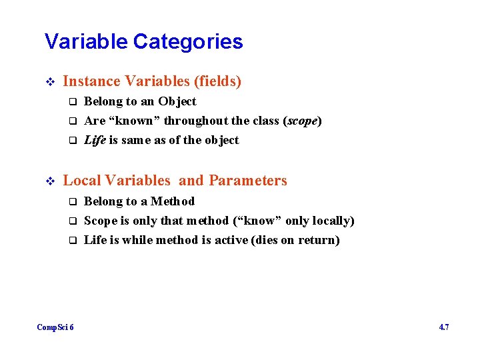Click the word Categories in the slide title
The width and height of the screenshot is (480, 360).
click(x=188, y=42)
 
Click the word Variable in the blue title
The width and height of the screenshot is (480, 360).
click(x=86, y=42)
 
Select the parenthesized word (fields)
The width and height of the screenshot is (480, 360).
click(x=217, y=81)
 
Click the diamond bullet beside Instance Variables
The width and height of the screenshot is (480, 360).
click(x=49, y=82)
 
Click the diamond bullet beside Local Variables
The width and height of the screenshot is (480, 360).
click(x=49, y=181)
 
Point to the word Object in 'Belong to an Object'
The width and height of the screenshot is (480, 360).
click(x=177, y=102)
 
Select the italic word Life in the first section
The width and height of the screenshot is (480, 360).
click(x=95, y=140)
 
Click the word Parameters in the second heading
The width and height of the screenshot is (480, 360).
click(x=248, y=181)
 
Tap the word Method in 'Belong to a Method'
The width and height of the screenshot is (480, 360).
click(x=173, y=201)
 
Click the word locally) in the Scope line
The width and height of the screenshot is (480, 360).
click(x=331, y=221)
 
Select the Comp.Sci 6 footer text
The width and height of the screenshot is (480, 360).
click(x=55, y=327)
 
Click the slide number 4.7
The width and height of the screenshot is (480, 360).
click(x=444, y=327)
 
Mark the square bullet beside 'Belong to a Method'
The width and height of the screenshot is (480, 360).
click(x=73, y=202)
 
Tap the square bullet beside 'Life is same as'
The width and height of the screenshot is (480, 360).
click(x=73, y=141)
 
